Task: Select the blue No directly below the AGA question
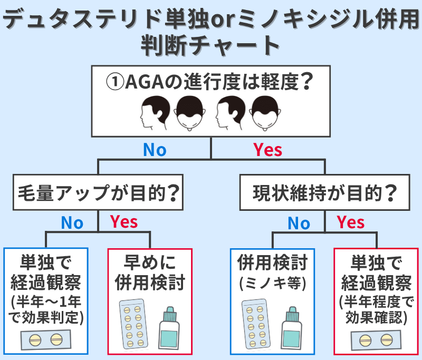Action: tap(155, 150)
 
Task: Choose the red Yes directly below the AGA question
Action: tap(267, 150)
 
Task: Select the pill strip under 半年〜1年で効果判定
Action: tap(45, 339)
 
